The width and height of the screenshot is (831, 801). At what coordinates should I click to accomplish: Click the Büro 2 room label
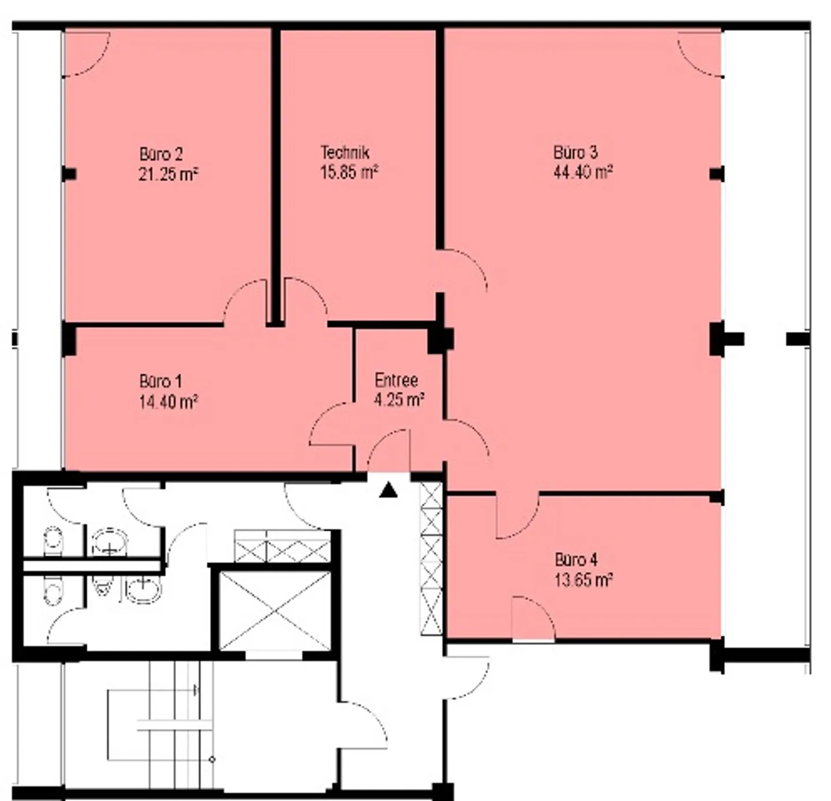(x=161, y=154)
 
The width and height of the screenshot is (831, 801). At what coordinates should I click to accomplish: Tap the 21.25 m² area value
(x=169, y=174)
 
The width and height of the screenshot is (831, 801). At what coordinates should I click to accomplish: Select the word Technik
(x=345, y=152)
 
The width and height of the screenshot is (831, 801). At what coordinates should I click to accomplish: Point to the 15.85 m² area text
(x=349, y=172)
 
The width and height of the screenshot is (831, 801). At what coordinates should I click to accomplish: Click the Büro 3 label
(x=575, y=152)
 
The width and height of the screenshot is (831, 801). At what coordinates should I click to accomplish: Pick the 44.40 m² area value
(x=583, y=172)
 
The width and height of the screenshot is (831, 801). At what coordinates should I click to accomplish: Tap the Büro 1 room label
(x=160, y=381)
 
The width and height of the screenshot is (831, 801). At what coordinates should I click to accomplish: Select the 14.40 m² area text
(x=169, y=402)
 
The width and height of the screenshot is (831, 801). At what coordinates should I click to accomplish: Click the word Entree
(x=396, y=380)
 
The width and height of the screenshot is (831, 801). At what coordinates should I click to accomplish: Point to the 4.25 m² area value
(x=399, y=400)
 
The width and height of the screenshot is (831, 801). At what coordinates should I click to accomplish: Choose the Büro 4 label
(x=577, y=560)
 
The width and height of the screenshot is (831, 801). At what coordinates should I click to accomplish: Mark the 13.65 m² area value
(x=583, y=580)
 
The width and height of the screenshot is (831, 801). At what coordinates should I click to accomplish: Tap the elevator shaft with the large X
(x=275, y=611)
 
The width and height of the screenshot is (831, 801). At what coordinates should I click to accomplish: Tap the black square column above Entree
(x=440, y=340)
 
